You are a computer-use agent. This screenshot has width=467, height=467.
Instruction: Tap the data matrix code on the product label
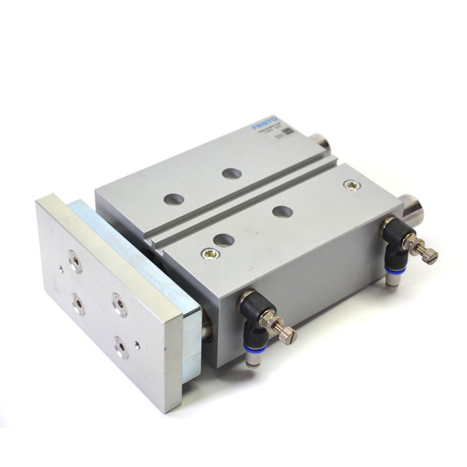click(x=288, y=131)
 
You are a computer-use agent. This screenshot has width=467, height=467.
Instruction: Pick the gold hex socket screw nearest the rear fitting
click(x=351, y=185)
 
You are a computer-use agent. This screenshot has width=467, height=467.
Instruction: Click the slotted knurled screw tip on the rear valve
click(x=429, y=257)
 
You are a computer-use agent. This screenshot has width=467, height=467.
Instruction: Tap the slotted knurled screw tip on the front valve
click(x=287, y=335)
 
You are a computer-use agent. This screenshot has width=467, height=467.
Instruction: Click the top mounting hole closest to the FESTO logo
click(x=231, y=173)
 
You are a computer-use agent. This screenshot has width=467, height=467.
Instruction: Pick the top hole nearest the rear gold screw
click(x=283, y=211)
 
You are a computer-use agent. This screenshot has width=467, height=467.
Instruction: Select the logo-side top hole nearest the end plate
click(x=174, y=199)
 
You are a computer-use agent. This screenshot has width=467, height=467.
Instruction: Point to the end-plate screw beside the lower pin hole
click(x=121, y=348)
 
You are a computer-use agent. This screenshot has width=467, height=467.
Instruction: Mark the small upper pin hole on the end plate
click(x=61, y=269)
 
